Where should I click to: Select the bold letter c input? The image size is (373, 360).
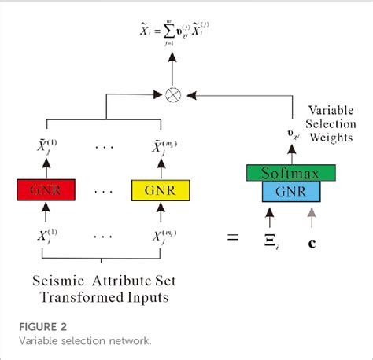[312, 241]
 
